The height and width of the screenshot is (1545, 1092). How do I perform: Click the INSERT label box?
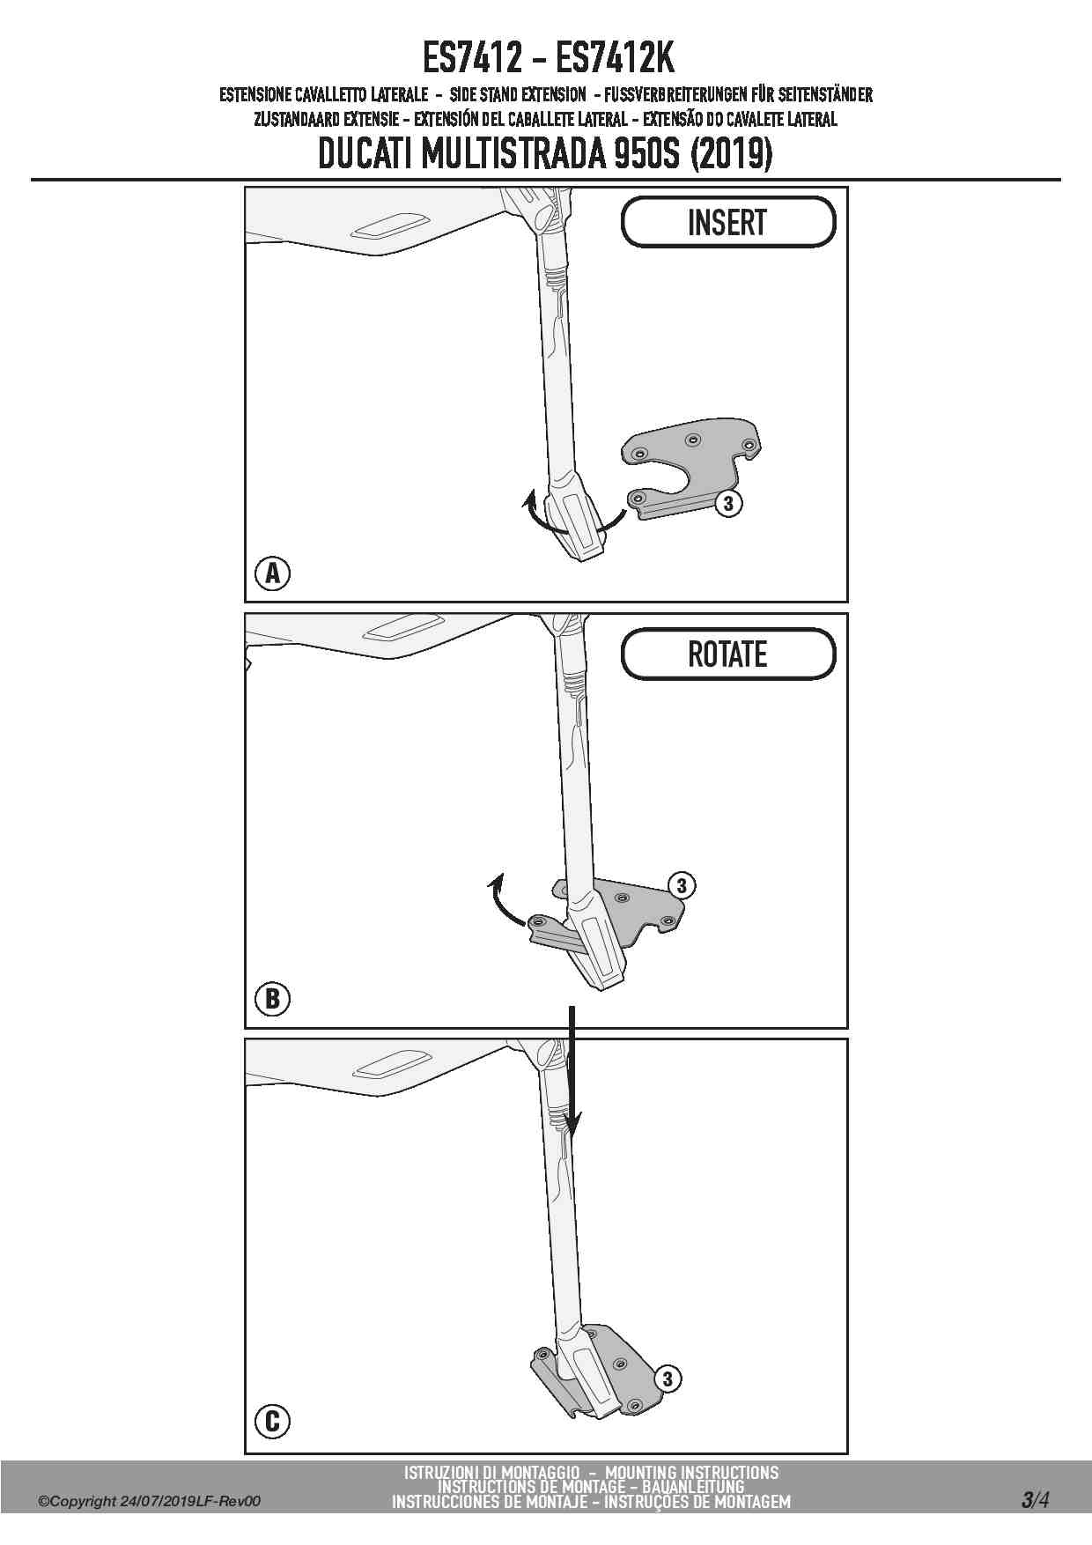pos(727,222)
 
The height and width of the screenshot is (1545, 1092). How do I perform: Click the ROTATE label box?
pos(727,654)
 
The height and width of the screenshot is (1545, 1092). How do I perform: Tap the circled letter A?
pos(273,573)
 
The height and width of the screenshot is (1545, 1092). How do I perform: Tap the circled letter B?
pos(272,999)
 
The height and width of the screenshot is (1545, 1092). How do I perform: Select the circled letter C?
pos(272,1421)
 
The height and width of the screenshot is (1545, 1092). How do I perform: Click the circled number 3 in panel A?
pos(728,504)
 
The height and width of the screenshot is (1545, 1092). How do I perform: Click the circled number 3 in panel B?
pos(682,885)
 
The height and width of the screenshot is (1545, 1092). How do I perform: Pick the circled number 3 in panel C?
pos(668,1379)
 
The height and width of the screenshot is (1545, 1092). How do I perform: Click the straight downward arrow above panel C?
pos(572,1070)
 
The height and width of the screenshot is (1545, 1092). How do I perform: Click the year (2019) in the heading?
pos(732,155)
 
